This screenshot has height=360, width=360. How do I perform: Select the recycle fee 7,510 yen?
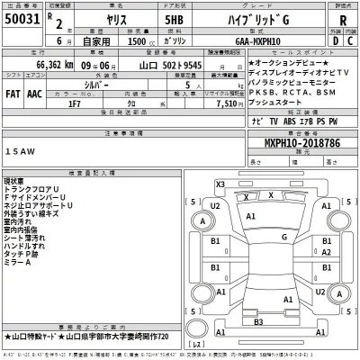click(x=207, y=102)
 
